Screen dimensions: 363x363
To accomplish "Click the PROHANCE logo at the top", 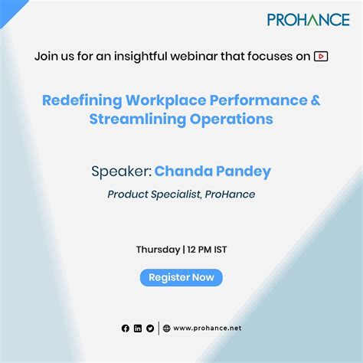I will coord(308,19).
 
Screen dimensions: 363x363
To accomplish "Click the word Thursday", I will coord(158,250).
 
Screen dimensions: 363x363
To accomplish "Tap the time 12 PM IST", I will coord(207,250).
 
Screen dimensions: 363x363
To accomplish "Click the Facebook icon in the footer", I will coord(126,328).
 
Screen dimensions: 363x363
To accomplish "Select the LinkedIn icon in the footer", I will coord(138,328).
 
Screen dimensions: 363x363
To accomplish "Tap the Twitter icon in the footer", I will coord(150,328).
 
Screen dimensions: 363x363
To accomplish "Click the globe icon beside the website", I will coord(167,328).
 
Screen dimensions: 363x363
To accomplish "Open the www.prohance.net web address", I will coord(207,328).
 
